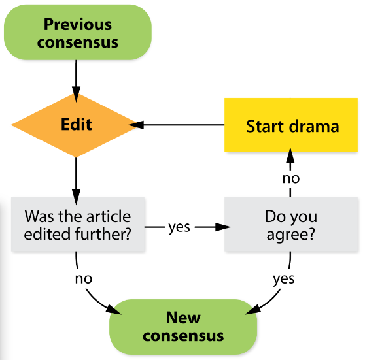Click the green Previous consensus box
click(x=78, y=32)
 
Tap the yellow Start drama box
click(x=291, y=125)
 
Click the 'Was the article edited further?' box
click(x=78, y=224)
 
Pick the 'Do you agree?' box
click(x=291, y=224)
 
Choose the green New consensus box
click(x=183, y=327)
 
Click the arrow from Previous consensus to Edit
click(x=76, y=81)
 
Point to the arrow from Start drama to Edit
click(x=177, y=125)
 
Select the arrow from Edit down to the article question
click(x=76, y=181)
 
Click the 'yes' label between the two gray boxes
click(x=179, y=227)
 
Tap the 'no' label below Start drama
click(x=291, y=178)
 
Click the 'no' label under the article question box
click(x=84, y=278)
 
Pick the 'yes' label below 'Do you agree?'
click(x=283, y=278)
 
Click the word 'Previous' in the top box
click(x=78, y=24)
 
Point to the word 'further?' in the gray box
click(x=103, y=233)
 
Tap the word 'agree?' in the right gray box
click(x=290, y=234)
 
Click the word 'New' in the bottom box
click(x=183, y=318)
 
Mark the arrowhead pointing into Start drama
click(x=290, y=155)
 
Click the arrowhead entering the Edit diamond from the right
click(x=136, y=125)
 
